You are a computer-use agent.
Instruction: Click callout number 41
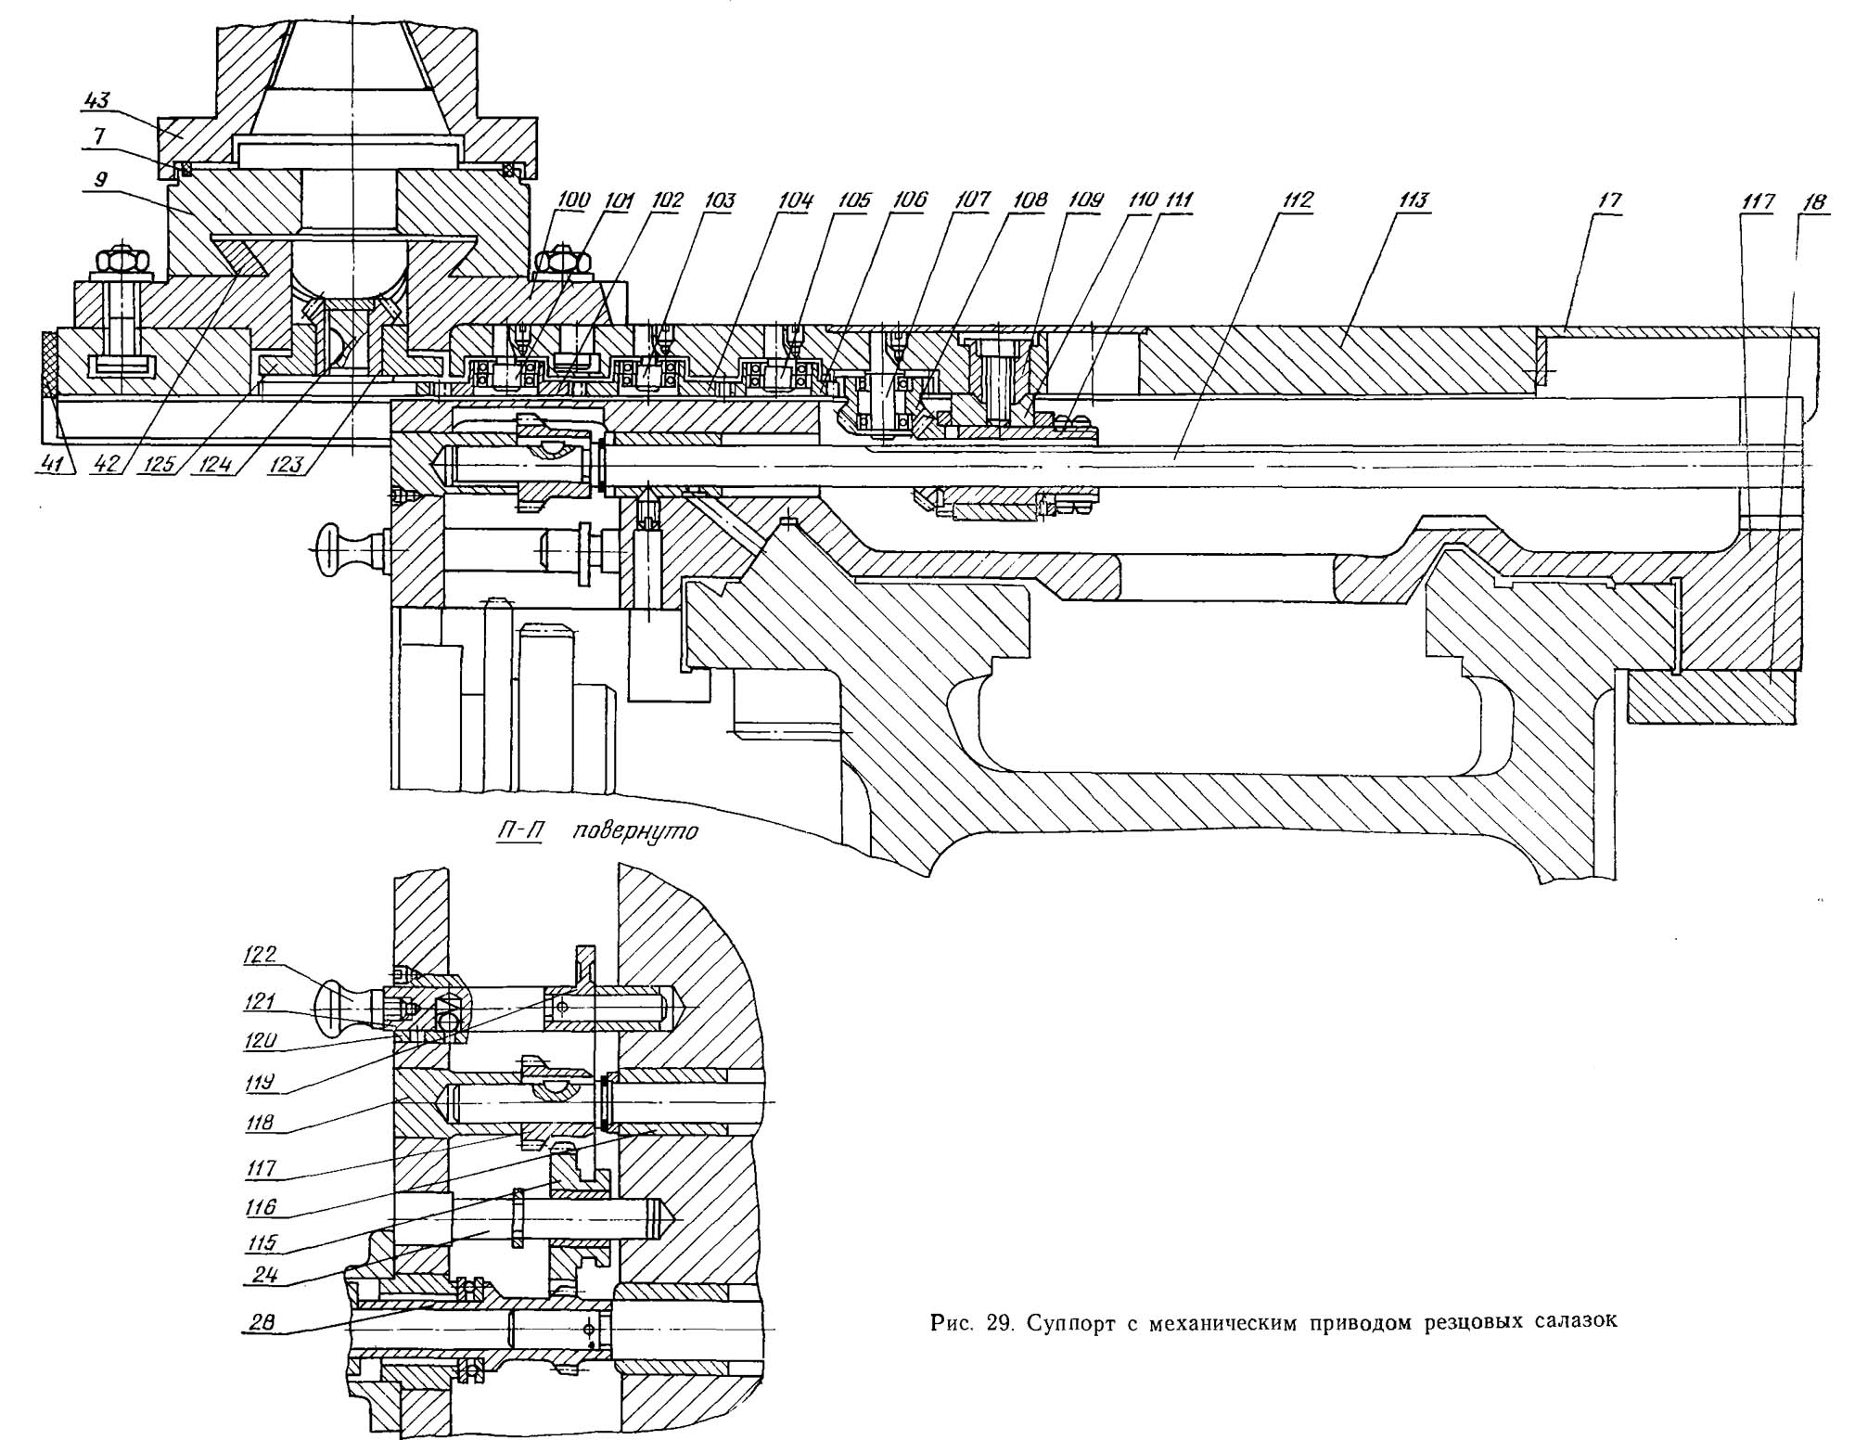pos(56,465)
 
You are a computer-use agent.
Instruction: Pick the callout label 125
pos(159,465)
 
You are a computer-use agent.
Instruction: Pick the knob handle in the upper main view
pos(338,550)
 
